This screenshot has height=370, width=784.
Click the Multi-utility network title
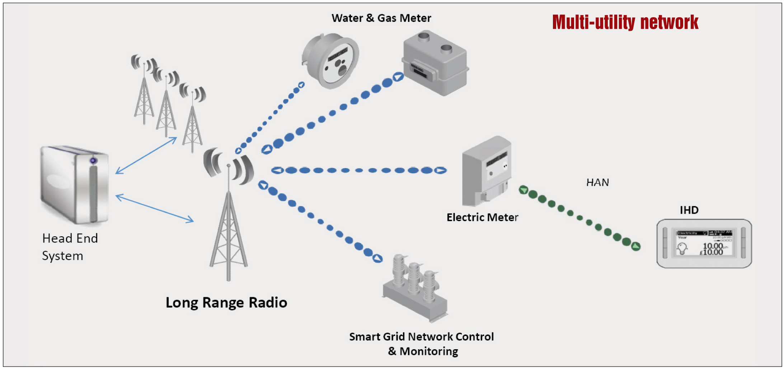pyautogui.click(x=625, y=22)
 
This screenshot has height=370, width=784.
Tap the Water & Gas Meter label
pyautogui.click(x=381, y=18)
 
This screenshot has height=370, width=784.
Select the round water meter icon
pyautogui.click(x=331, y=61)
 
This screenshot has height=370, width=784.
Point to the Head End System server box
pyautogui.click(x=75, y=185)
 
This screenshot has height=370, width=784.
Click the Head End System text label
pyautogui.click(x=70, y=247)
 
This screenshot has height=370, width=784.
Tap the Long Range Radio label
pyautogui.click(x=226, y=303)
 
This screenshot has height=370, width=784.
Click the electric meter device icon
pyautogui.click(x=486, y=171)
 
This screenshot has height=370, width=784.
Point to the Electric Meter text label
pyautogui.click(x=482, y=217)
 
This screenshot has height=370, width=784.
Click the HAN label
pyautogui.click(x=597, y=182)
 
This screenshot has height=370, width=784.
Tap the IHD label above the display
pyautogui.click(x=689, y=210)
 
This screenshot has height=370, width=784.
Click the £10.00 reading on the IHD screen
pyautogui.click(x=712, y=252)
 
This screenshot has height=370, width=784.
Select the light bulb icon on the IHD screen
pyautogui.click(x=682, y=247)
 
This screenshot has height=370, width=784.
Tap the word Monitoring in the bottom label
pyautogui.click(x=429, y=351)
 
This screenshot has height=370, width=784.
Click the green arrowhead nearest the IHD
pyautogui.click(x=635, y=246)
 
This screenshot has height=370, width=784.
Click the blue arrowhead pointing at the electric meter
pyautogui.click(x=440, y=170)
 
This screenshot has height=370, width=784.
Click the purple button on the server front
pyautogui.click(x=93, y=161)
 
